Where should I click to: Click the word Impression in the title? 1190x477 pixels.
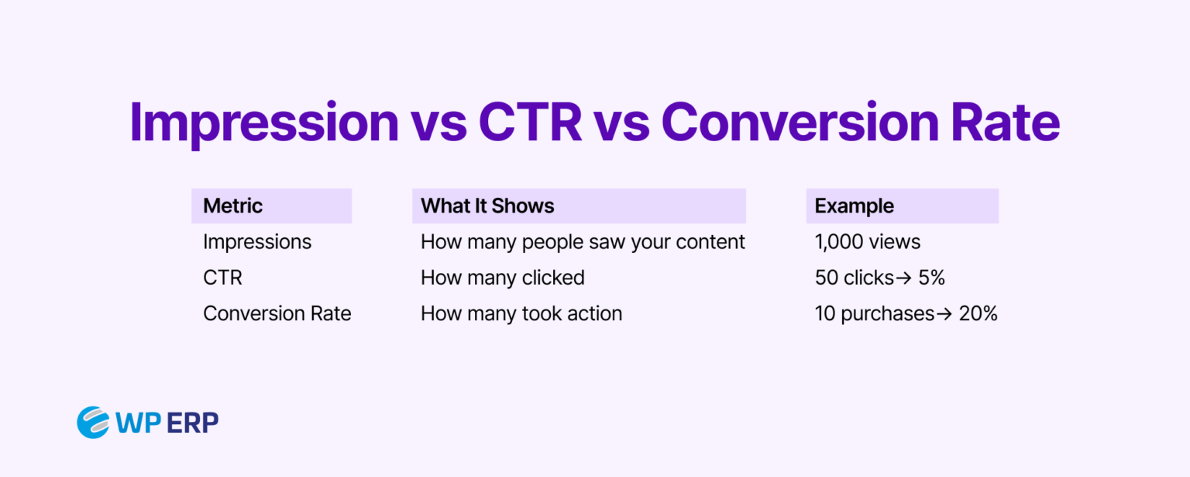tap(263, 123)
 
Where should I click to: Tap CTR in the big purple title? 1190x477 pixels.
tap(530, 123)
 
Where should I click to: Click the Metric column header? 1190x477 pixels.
tap(233, 206)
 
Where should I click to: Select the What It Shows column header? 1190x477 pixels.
tap(487, 206)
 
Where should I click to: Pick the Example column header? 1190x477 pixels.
tap(855, 206)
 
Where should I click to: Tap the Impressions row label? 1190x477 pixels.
tap(257, 242)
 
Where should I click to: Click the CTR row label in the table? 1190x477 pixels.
tap(222, 278)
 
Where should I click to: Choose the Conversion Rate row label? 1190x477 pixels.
tap(277, 313)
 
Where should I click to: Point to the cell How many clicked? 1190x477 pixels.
tap(502, 278)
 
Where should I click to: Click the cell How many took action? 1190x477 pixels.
tap(521, 313)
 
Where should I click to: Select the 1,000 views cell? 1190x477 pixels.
tap(868, 242)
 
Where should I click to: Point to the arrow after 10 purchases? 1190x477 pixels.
tap(944, 313)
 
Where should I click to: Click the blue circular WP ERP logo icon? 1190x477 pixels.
tap(93, 422)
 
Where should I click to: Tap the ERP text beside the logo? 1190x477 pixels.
tap(194, 423)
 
